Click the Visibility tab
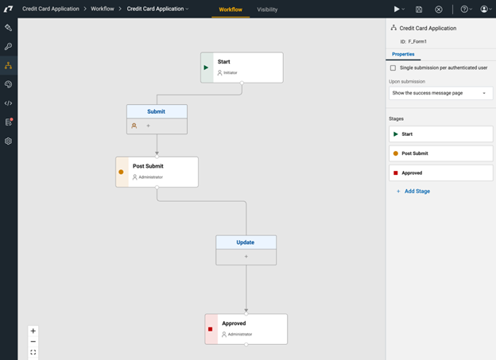tap(267, 10)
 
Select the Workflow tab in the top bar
tap(231, 10)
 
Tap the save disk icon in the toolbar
tap(419, 10)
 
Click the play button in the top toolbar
tap(397, 10)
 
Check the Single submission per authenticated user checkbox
tap(393, 68)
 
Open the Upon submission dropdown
tap(440, 93)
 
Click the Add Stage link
tap(417, 191)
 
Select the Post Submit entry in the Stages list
tap(440, 153)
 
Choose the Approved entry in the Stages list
tap(440, 173)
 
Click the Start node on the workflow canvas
tap(242, 68)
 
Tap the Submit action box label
tap(157, 112)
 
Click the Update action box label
tap(246, 242)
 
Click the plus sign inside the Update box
tap(246, 257)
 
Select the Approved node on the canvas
tap(246, 329)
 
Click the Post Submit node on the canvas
tap(157, 172)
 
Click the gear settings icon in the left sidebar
tap(8, 141)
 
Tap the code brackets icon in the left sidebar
tap(8, 103)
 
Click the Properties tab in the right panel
tap(403, 54)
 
